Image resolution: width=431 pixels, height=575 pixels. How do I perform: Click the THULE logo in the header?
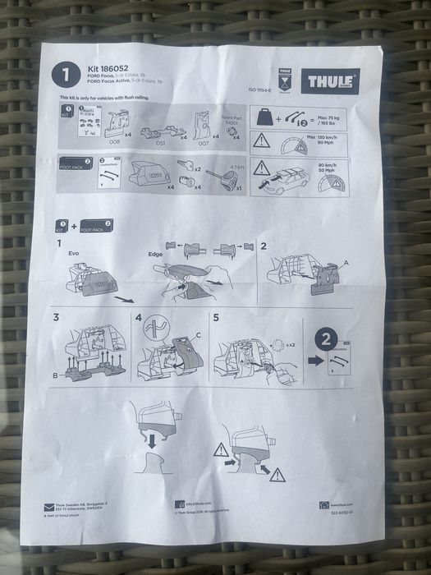coord(330,81)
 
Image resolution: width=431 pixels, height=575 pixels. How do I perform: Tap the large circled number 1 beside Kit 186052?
coord(66,75)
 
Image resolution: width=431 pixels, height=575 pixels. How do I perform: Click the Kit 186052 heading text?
coord(107,68)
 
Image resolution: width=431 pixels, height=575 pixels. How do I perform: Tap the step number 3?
coord(56,317)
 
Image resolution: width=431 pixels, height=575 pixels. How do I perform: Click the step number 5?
coord(216,316)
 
